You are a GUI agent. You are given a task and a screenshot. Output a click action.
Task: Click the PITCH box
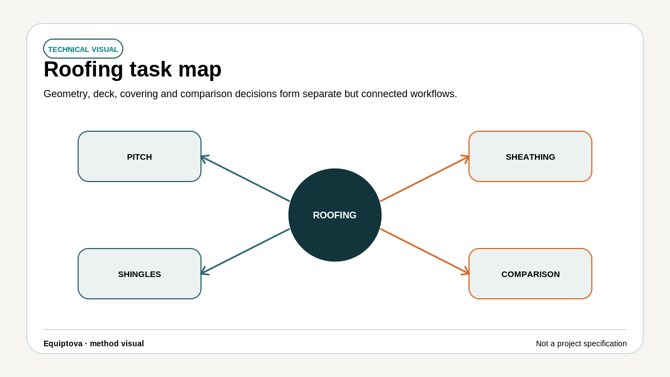point(140,156)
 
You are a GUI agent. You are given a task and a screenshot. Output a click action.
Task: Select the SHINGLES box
point(140,274)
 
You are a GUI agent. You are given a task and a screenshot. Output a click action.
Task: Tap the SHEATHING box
point(530,156)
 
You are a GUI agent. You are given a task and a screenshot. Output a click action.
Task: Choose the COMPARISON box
point(530,274)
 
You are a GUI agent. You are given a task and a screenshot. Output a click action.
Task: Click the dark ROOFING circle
point(334,215)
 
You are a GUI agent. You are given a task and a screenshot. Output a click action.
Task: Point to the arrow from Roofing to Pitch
point(245,178)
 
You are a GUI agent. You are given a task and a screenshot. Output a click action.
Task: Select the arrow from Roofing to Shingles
point(245,251)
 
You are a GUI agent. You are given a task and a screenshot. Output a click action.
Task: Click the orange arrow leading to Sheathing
point(425,178)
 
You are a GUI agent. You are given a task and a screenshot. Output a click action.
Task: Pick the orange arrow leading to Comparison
point(425,251)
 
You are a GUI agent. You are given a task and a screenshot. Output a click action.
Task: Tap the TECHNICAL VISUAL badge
point(83,49)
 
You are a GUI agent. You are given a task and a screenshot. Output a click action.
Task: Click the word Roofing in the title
point(83,69)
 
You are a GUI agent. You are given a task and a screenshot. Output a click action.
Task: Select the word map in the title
point(200,70)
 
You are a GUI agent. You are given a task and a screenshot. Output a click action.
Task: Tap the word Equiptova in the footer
point(63,343)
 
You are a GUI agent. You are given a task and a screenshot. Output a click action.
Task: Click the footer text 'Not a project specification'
point(581,343)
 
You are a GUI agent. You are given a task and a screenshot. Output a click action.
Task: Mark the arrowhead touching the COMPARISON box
point(466,271)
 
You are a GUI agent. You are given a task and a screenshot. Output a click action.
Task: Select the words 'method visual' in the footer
point(117,343)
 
